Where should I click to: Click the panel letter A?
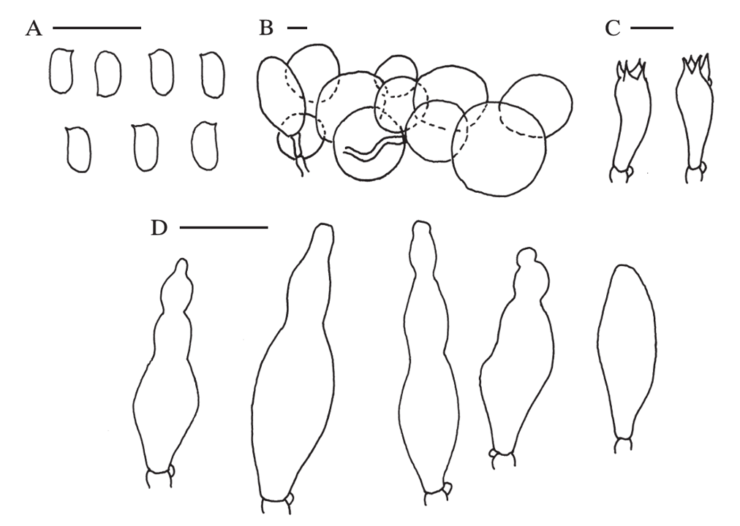pos(34,29)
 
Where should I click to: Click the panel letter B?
pos(266,28)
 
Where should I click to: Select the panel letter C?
pos(612,28)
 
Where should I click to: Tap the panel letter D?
pos(159,229)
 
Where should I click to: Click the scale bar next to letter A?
pos(97,28)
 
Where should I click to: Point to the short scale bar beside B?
pos(298,28)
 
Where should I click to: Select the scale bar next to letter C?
pos(652,28)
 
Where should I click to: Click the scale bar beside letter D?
pos(224,228)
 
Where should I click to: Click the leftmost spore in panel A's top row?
pos(61,71)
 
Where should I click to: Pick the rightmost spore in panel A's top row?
pos(212,75)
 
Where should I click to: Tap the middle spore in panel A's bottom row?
pos(145,147)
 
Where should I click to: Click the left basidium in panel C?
pos(630,121)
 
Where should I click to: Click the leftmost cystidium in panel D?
pos(165,373)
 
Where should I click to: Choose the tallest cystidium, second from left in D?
pos(295,368)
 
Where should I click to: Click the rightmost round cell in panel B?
pos(536,106)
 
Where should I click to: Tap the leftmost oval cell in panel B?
pos(282,96)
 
